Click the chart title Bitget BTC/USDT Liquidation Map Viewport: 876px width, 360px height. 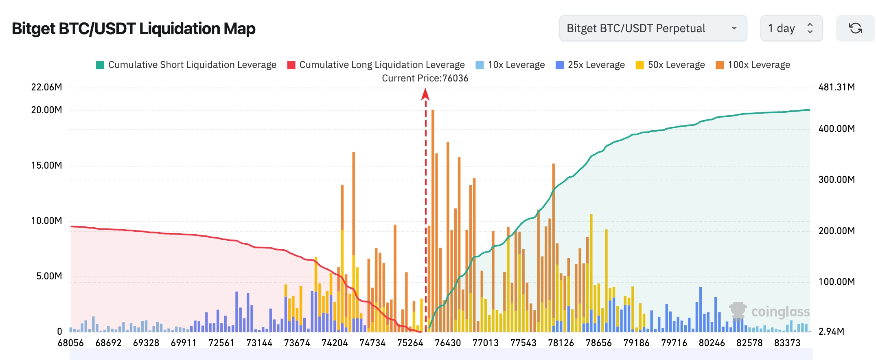point(134,29)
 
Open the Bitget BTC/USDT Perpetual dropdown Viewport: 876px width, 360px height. point(653,29)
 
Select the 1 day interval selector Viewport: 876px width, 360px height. point(791,29)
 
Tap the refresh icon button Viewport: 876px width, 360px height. point(855,29)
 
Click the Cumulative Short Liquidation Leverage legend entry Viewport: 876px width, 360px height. point(186,65)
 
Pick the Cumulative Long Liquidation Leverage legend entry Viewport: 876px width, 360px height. point(376,65)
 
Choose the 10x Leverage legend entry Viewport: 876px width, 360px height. point(510,65)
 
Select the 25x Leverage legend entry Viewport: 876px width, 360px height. point(590,65)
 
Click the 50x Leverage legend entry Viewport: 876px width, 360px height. point(670,65)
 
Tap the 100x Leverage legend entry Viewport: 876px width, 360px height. point(753,65)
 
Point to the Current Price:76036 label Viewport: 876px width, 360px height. point(425,78)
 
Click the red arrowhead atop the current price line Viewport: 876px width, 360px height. point(425,94)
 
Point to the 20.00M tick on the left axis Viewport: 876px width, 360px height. point(47,110)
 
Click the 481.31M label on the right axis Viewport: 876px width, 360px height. point(837,87)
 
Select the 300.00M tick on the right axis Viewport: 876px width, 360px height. point(837,180)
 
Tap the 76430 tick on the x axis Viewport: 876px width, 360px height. point(448,343)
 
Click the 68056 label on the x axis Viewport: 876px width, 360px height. point(71,343)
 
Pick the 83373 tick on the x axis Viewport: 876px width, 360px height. point(787,343)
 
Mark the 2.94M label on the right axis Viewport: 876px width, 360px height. point(831,331)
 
